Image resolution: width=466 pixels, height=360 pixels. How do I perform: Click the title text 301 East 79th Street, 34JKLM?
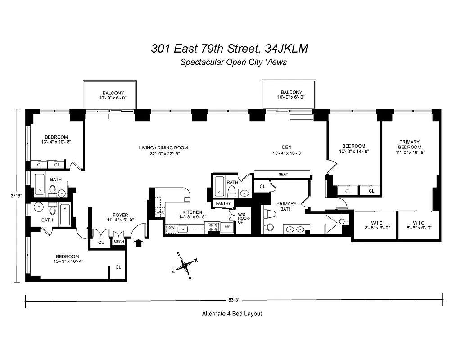click(x=230, y=49)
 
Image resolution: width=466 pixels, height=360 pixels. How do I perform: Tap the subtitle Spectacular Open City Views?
click(x=233, y=63)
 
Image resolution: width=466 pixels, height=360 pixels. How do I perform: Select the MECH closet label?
click(x=119, y=242)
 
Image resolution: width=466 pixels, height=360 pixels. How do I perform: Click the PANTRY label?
click(x=223, y=203)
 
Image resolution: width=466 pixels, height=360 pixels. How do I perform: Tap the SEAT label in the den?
click(x=283, y=175)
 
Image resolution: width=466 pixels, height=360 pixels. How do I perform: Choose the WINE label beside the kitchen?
click(x=160, y=212)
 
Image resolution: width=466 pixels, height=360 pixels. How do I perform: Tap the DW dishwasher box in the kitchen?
click(x=171, y=228)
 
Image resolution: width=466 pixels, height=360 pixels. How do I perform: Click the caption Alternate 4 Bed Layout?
click(x=231, y=314)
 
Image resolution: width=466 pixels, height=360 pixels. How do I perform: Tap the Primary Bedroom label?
click(x=409, y=144)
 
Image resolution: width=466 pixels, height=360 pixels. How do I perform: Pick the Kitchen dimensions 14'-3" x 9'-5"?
click(x=193, y=217)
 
